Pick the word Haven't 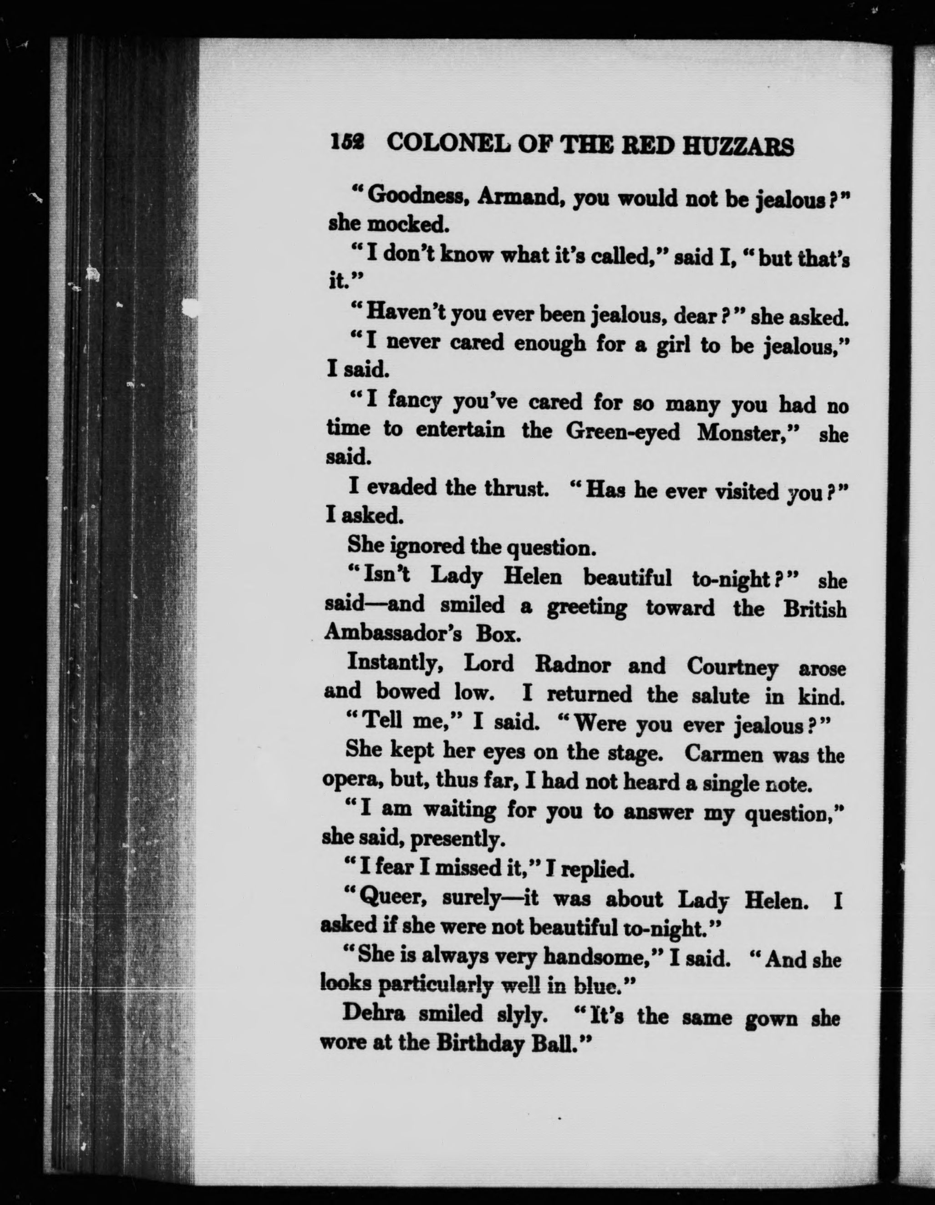(406, 312)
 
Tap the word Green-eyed (623, 431)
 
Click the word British (814, 608)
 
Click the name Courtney (732, 668)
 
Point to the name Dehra (374, 1013)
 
